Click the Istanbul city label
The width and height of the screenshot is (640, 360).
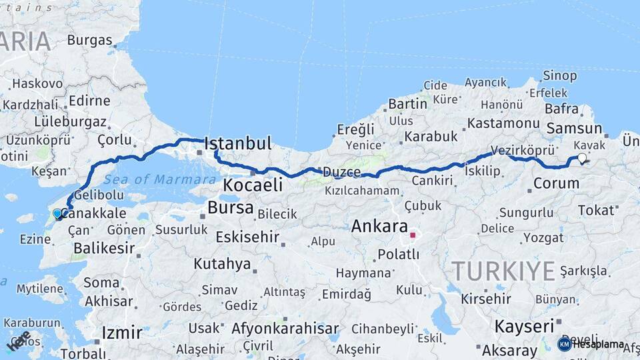click(x=238, y=143)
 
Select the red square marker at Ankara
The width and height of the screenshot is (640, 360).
click(x=413, y=235)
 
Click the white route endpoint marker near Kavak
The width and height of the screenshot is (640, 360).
click(x=582, y=158)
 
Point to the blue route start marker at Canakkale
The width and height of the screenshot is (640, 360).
click(x=58, y=214)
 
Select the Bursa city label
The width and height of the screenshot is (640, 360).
click(x=231, y=207)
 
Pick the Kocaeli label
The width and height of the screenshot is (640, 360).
click(x=253, y=185)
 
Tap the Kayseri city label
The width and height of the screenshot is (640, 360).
click(x=524, y=327)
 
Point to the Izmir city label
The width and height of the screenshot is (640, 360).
click(x=121, y=332)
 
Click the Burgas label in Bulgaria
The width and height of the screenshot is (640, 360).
click(x=89, y=40)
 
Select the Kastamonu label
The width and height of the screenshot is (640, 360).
click(x=503, y=123)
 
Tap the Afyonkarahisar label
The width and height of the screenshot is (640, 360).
click(x=285, y=329)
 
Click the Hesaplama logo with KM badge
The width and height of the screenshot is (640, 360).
click(x=591, y=344)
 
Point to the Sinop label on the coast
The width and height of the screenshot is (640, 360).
click(x=560, y=75)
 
